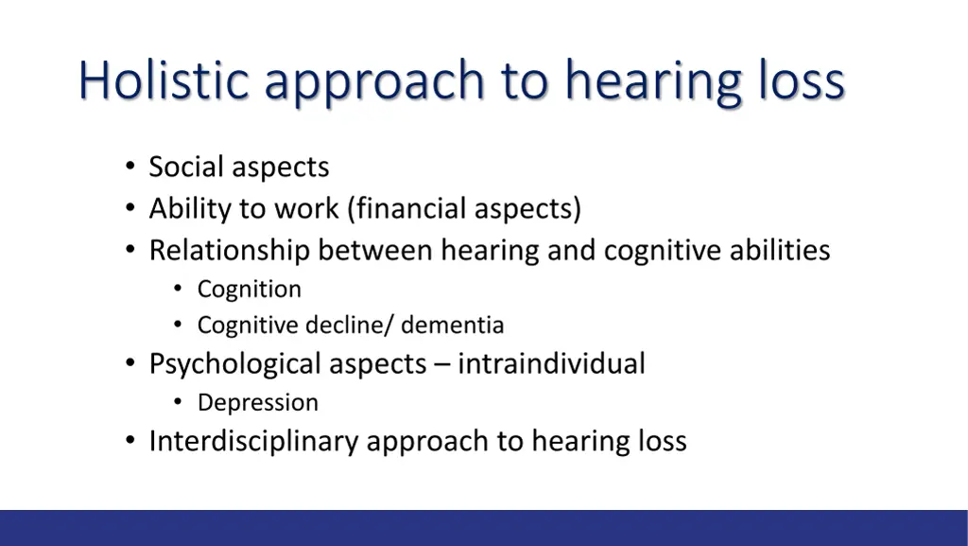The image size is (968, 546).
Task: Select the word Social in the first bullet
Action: pos(187,167)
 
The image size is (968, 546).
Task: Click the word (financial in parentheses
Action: pos(406,208)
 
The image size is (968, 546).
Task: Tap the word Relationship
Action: pos(230,251)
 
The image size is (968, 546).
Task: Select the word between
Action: pos(375,251)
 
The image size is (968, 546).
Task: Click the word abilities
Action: pos(780,251)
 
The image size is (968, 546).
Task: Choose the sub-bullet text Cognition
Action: pos(249,290)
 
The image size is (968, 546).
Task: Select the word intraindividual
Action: pos(551,363)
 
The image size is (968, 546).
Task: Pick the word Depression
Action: pos(257,403)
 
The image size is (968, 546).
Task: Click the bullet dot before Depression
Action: pos(178,403)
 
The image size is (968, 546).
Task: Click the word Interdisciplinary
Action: pos(253,442)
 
